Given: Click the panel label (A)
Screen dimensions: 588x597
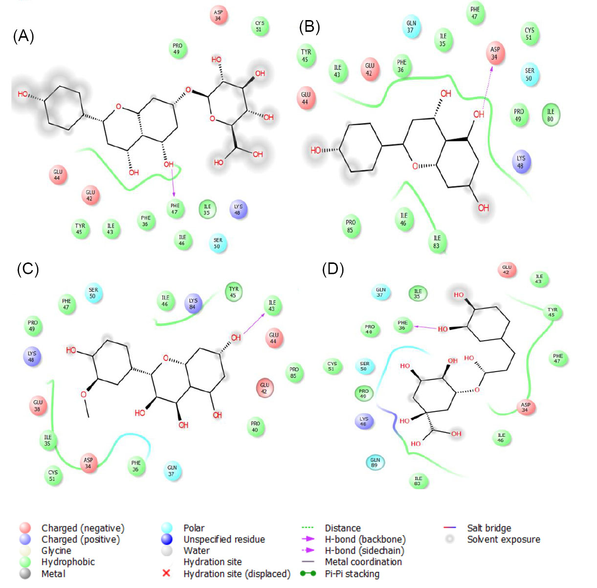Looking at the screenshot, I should click(23, 36).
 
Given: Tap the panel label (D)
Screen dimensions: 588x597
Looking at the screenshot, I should click(332, 269).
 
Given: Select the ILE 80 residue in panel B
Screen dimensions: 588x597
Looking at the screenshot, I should click(551, 115).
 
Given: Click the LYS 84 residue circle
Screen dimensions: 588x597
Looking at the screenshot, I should click(193, 304).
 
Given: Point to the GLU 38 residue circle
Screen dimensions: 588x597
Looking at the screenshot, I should click(38, 405).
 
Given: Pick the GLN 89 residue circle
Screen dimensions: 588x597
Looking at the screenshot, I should click(375, 462).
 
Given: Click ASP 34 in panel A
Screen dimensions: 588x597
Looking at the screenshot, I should click(218, 16).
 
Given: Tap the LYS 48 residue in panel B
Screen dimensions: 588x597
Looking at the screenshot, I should click(521, 162).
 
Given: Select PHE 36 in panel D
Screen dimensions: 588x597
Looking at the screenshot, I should click(402, 326).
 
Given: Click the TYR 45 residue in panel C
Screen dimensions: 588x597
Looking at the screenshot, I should click(234, 292).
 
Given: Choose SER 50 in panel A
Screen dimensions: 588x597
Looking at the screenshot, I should click(218, 243).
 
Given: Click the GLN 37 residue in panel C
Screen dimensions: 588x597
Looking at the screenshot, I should click(172, 470).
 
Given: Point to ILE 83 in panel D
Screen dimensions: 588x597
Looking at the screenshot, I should click(418, 481).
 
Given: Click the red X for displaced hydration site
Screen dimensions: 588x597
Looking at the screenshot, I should click(166, 573).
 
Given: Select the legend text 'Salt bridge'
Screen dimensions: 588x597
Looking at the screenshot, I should click(489, 528).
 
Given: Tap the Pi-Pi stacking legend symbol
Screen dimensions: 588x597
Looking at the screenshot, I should click(308, 574).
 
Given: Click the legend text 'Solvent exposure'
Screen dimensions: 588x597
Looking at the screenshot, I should click(504, 539).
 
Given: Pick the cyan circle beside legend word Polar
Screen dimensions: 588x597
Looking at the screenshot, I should click(166, 528).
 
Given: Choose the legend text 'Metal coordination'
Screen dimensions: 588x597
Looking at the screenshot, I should click(363, 562).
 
